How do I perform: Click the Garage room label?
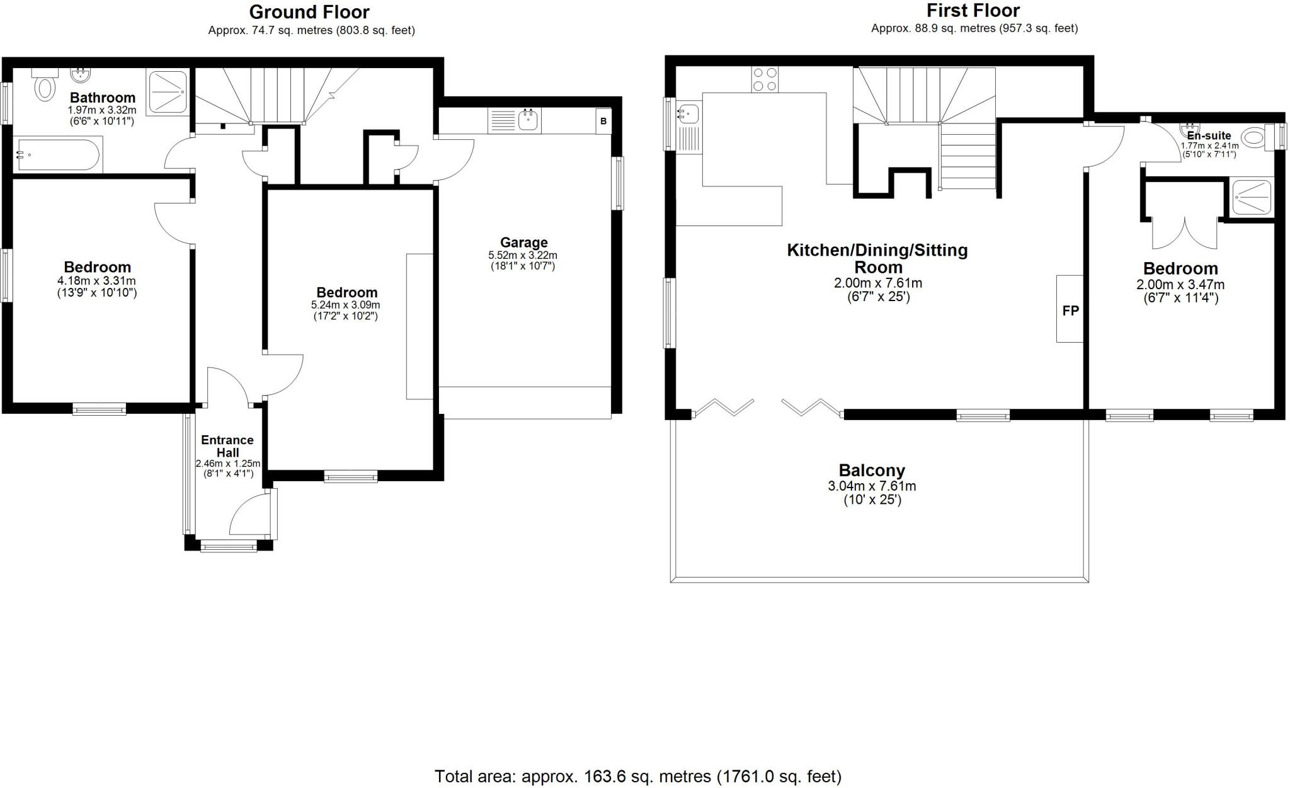[x=523, y=243]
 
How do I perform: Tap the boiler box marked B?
[x=603, y=122]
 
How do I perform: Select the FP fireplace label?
[x=1070, y=310]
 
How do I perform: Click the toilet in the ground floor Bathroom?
[x=44, y=87]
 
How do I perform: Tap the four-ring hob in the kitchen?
[x=765, y=79]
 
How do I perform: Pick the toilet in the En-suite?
[x=1255, y=137]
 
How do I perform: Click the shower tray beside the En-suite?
[x=1252, y=197]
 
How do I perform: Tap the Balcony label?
[x=872, y=471]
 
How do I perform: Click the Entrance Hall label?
[x=227, y=446]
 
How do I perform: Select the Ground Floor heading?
[x=309, y=12]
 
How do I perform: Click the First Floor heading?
[x=973, y=11]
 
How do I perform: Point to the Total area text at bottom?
[x=637, y=777]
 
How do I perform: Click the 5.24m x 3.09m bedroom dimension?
[x=346, y=305]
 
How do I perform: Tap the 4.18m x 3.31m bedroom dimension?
[x=97, y=281]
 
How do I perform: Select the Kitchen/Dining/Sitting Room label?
[x=877, y=258]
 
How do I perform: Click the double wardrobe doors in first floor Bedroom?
[x=1185, y=233]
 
